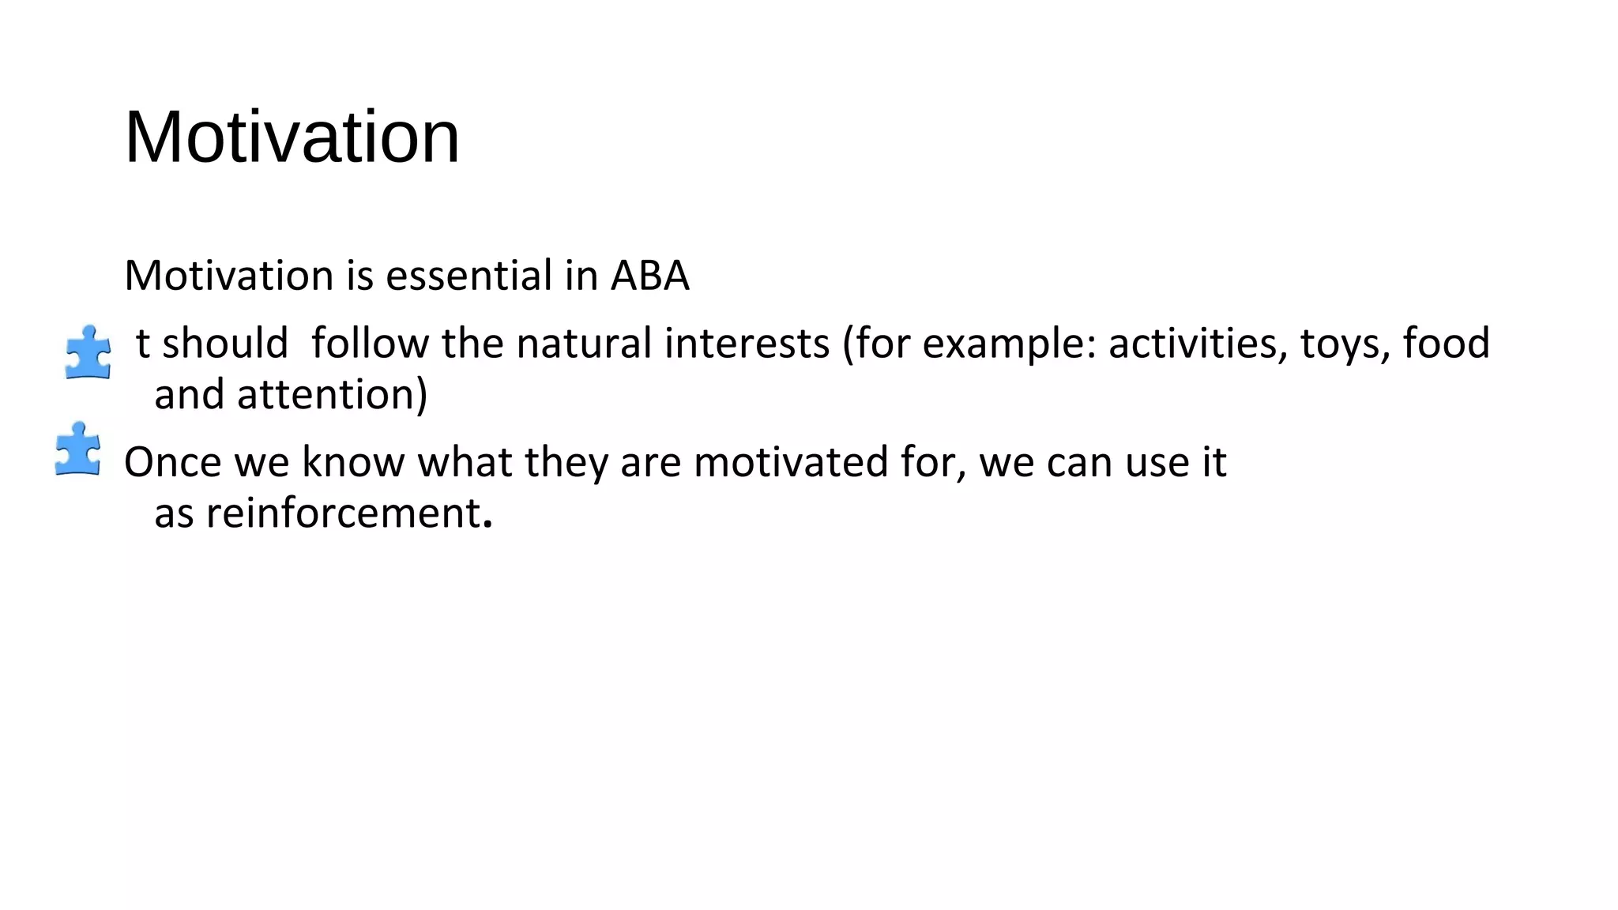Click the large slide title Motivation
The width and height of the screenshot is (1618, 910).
292,137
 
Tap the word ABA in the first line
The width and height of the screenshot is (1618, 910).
649,276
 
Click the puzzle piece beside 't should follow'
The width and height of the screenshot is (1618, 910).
88,352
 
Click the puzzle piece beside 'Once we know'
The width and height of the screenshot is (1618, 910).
77,449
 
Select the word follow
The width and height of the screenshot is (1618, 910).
370,344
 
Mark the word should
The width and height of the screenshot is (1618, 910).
224,344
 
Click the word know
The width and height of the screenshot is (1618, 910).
352,462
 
